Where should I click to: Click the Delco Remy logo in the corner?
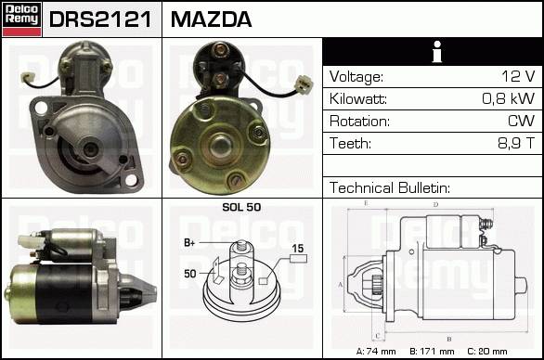(21, 19)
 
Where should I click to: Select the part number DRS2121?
(100, 19)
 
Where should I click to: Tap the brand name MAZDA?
(211, 19)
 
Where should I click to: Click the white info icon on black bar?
(437, 52)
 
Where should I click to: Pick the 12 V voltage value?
(518, 76)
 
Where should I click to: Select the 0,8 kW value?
(509, 98)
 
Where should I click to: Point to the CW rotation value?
(521, 121)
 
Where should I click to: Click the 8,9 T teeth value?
(516, 143)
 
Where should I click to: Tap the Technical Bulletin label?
(390, 187)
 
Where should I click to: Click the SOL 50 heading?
(241, 207)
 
